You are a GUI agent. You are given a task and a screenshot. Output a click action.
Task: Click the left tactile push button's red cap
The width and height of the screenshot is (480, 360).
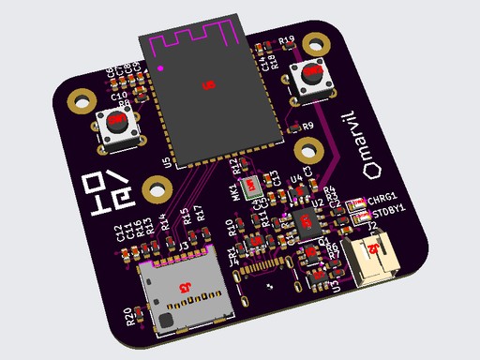pos(117,121)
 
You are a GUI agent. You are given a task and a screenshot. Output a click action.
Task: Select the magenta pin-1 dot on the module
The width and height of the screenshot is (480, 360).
pos(161,68)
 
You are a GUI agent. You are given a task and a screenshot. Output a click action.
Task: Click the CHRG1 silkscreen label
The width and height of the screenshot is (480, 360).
pos(383,200)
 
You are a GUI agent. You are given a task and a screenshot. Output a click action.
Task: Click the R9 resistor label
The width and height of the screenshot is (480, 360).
pos(308,126)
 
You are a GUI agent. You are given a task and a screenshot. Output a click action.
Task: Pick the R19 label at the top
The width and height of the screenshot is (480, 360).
pos(287,40)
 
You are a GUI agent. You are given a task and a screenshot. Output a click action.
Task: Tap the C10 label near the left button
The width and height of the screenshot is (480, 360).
pos(119,96)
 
